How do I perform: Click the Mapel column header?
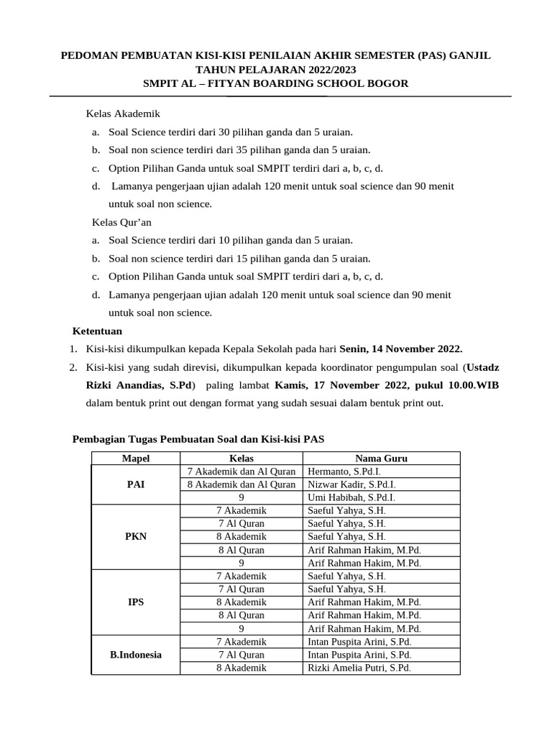tap(136, 458)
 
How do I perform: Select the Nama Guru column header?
tap(381, 458)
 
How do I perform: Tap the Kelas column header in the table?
tap(241, 458)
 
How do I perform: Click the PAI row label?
tap(136, 484)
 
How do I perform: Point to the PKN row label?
tap(136, 537)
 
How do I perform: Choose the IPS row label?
tap(136, 602)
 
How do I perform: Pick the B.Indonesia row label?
tap(136, 655)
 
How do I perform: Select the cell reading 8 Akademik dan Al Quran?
tap(241, 484)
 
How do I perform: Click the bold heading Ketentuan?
tap(98, 331)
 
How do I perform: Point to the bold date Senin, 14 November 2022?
tap(401, 349)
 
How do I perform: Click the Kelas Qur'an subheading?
tap(121, 223)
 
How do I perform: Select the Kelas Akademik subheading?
tap(123, 114)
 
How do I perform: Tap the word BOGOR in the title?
tap(387, 83)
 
